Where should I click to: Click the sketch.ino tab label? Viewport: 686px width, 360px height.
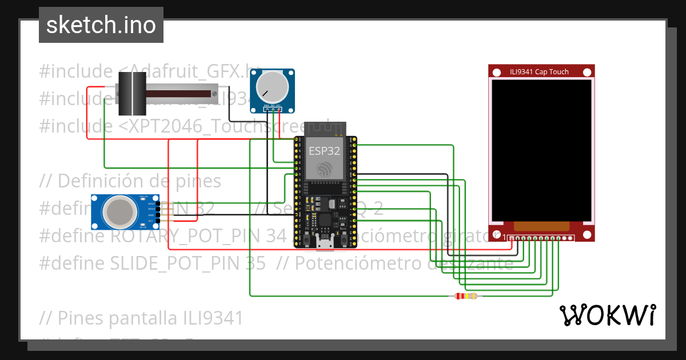(101, 25)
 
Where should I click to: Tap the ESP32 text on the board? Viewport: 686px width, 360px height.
(324, 151)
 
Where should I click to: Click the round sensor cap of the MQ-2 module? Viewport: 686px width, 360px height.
(119, 211)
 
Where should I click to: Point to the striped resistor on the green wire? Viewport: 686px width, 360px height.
(465, 296)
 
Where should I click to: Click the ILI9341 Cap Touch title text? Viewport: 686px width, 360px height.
(539, 72)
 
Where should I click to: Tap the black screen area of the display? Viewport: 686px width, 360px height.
(541, 150)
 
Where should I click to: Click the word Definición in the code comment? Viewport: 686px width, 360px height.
(98, 181)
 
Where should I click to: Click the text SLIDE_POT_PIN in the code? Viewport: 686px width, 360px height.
(169, 263)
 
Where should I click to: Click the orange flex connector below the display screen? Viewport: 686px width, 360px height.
(541, 227)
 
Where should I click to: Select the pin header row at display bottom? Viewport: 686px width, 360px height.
(541, 238)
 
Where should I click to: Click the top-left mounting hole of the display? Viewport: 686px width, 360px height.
(496, 72)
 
